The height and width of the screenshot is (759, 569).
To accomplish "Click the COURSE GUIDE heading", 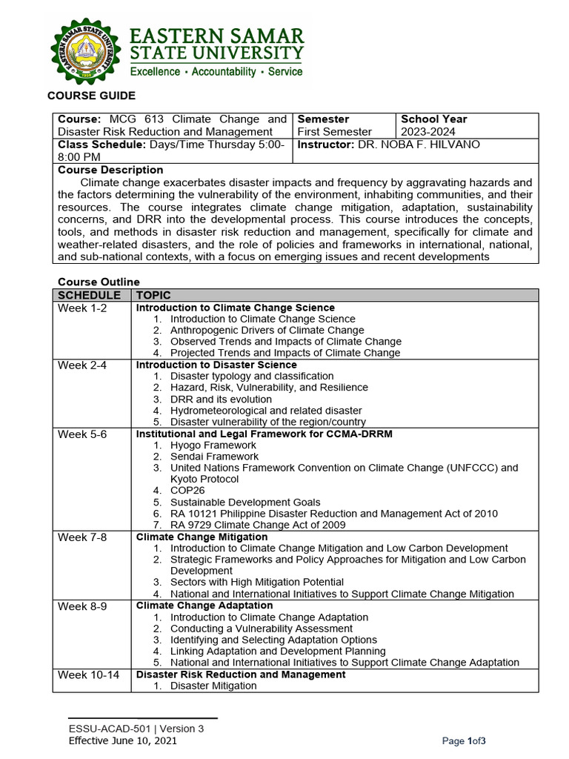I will click(x=91, y=96).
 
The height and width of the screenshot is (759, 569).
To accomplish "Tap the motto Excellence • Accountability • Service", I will click(x=216, y=72).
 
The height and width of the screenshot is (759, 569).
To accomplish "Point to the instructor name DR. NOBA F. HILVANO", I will click(x=419, y=145).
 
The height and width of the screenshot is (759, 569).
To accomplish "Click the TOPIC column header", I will click(x=153, y=295).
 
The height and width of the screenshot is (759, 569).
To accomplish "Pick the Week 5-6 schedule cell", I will click(x=82, y=434).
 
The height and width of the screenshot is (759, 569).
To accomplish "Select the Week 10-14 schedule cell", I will click(x=88, y=675).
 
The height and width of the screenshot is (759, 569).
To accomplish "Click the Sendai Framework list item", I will click(x=214, y=457).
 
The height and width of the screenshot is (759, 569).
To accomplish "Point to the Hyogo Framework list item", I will click(x=213, y=445).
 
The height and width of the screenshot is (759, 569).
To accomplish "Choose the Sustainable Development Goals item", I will click(x=245, y=502).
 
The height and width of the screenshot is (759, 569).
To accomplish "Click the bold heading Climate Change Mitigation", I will click(x=202, y=537).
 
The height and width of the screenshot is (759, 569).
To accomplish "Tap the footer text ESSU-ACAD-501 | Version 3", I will click(x=136, y=729).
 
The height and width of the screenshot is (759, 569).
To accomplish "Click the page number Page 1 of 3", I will click(x=463, y=741).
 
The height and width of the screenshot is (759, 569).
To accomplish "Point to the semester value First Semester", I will click(x=333, y=132).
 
